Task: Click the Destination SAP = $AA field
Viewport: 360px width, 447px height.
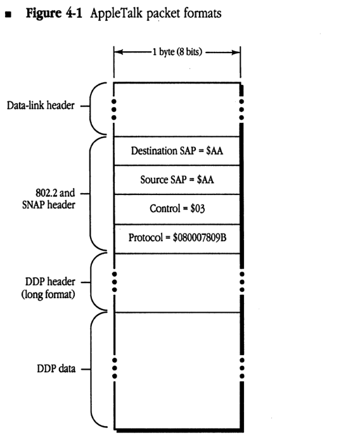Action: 177,151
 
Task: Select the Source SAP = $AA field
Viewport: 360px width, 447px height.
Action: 177,180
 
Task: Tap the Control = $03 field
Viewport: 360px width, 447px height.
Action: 177,209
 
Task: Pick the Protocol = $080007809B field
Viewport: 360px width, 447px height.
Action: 177,238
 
